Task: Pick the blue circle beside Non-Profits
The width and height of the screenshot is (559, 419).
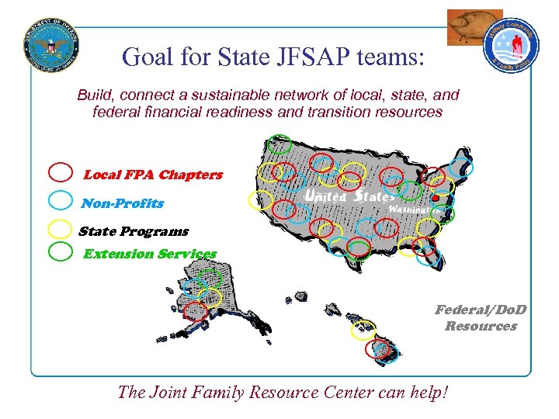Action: tap(61, 201)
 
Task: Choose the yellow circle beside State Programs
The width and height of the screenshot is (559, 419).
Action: tap(61, 228)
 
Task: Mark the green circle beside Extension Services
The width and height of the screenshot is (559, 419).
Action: tap(61, 251)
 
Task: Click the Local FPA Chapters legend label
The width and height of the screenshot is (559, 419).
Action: tap(152, 175)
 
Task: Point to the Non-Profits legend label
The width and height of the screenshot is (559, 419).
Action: tap(123, 203)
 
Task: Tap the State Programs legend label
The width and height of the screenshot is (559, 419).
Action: tap(134, 231)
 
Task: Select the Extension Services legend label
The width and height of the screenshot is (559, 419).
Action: tap(150, 254)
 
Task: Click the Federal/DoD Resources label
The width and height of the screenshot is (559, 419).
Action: tap(481, 318)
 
